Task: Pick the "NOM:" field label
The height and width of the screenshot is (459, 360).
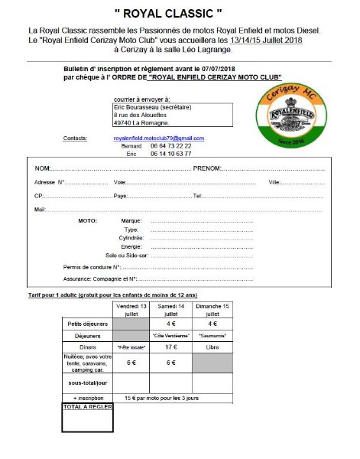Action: [x=43, y=168]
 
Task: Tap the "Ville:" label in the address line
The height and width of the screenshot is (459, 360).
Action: [x=274, y=182]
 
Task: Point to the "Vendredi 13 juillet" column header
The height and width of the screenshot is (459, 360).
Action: [x=131, y=309]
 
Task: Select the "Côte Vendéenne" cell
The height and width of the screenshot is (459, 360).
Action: [x=173, y=334]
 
